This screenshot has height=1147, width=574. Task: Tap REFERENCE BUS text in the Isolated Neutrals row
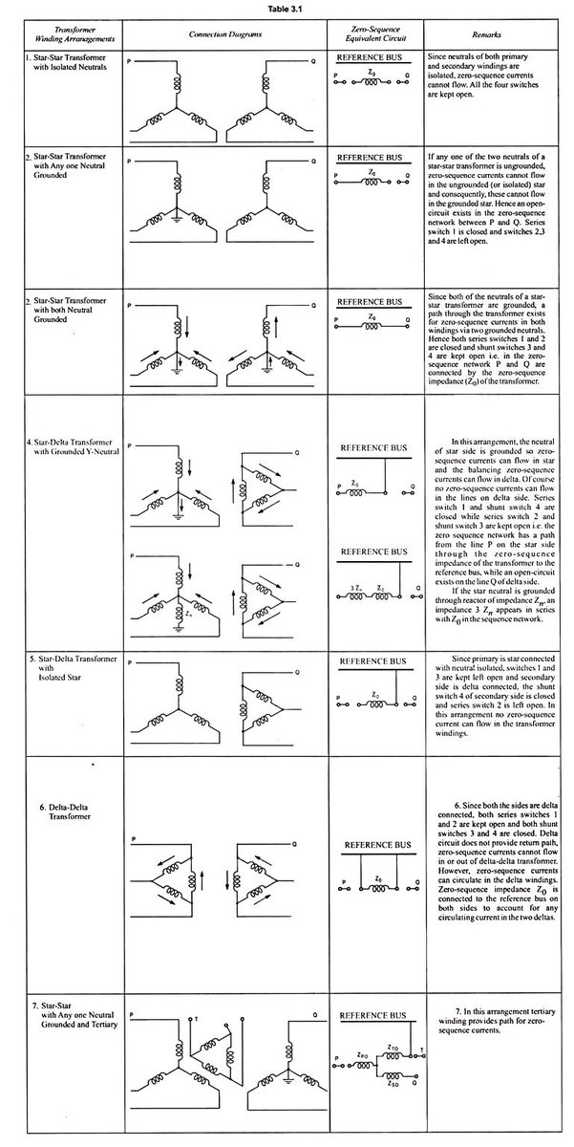(373, 58)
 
